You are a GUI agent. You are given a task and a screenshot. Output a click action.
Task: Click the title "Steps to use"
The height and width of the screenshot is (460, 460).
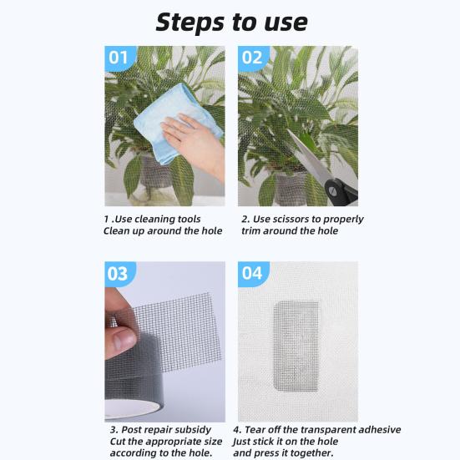pos(231,21)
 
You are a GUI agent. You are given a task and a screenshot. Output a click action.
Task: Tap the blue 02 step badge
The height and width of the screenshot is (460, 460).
pos(253,58)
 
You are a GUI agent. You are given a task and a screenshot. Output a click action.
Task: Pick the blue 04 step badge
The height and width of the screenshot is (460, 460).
pos(253,274)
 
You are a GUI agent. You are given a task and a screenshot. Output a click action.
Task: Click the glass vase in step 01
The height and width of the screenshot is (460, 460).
pos(154,179)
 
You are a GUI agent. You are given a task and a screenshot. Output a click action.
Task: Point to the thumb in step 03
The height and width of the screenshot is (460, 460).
pos(122,338)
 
